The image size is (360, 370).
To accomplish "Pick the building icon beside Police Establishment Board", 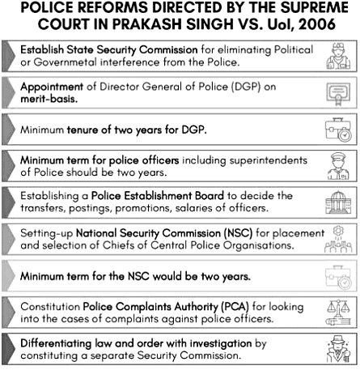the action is [x=334, y=201].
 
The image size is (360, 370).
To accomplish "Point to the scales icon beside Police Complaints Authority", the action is [x=334, y=311].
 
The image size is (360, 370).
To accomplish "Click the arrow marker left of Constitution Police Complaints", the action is [x=9, y=311].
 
